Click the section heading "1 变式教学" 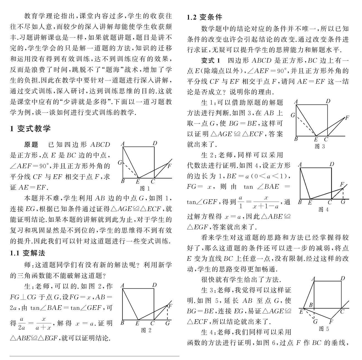(x=30, y=129)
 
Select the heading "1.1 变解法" (x=28, y=253)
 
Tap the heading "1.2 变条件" (x=205, y=17)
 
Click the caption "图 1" (x=145, y=188)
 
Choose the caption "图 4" (x=323, y=209)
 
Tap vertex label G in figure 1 (x=120, y=162)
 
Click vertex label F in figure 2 (x=170, y=306)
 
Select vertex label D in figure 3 (x=328, y=101)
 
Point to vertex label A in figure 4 (x=300, y=165)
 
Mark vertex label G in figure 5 (x=315, y=322)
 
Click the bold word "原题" (x=31, y=145)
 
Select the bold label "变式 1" (x=211, y=60)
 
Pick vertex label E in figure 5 (x=301, y=312)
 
